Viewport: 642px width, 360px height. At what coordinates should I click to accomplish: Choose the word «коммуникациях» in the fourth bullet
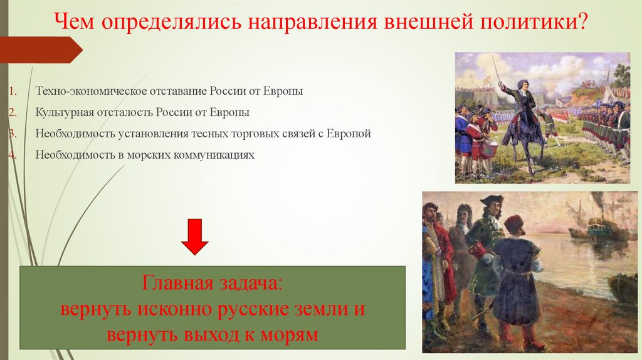(x=217, y=155)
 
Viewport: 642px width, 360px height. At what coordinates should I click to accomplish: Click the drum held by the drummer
(x=489, y=148)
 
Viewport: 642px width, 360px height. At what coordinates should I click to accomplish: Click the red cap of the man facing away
(x=514, y=222)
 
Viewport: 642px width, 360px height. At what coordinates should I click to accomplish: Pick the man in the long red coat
(x=442, y=263)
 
